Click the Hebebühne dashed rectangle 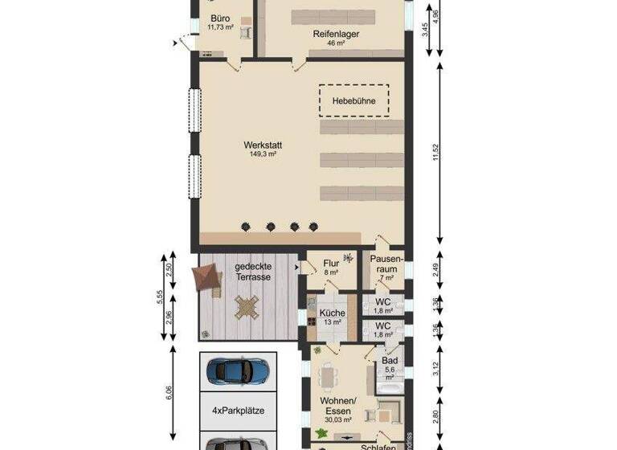(353, 101)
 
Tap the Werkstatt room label (263, 145)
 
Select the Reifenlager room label (336, 35)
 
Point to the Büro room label (220, 18)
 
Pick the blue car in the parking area (238, 370)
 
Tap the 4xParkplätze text (238, 411)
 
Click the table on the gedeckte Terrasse (247, 306)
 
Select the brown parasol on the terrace (207, 278)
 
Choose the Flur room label (331, 263)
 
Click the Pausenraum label (386, 264)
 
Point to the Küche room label (332, 313)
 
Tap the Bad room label (390, 362)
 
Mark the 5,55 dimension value (160, 297)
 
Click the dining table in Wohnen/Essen (328, 376)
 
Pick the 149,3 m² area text (263, 154)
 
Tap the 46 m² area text (336, 43)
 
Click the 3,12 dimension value (436, 367)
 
